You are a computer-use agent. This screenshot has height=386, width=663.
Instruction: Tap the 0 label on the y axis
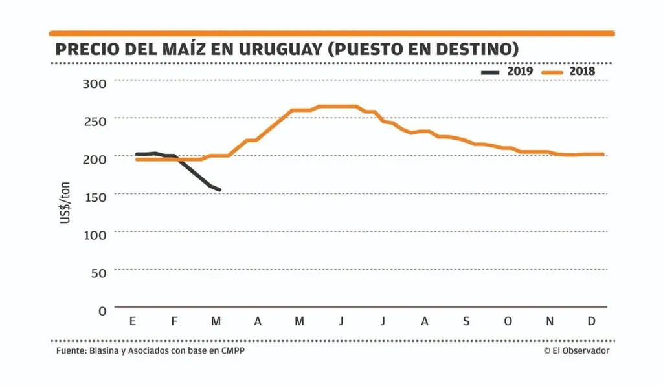coord(102,310)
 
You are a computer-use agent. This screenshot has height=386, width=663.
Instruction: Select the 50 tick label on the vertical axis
coord(98,272)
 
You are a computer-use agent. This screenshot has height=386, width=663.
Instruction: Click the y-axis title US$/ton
coord(65,204)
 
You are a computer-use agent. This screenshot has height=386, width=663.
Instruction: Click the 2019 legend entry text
coord(520,71)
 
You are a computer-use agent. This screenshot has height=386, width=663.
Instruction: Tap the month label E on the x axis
coord(133,321)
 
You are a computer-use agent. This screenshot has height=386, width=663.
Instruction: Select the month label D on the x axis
coord(591,321)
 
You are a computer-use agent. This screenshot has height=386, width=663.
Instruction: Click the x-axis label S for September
coord(466,321)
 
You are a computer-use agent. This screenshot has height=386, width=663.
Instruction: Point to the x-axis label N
coord(550,321)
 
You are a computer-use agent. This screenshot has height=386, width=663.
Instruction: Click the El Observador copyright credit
coord(576,350)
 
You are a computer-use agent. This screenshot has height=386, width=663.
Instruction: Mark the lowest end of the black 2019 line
coord(219,190)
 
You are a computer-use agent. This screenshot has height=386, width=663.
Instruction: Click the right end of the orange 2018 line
coord(603,155)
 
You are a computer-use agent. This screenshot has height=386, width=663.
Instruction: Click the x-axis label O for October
coord(508,321)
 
